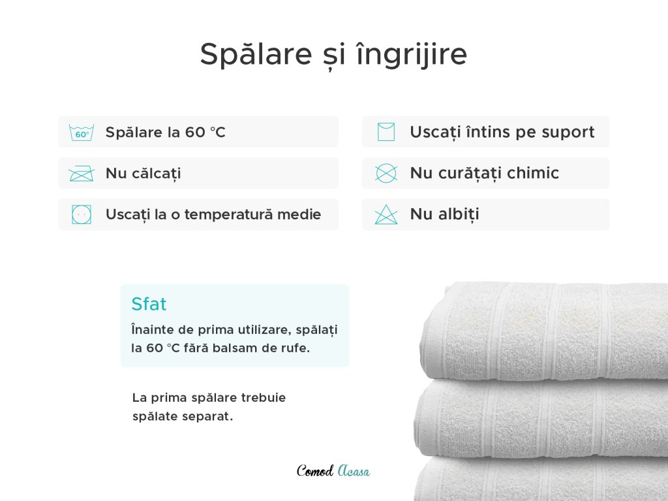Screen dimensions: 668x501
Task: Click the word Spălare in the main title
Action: point(256,53)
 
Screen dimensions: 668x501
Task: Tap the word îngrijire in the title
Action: point(412,54)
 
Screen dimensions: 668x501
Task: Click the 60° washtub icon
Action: point(82,133)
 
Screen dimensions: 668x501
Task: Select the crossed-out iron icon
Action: point(82,174)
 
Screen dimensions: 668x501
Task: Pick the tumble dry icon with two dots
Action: point(82,214)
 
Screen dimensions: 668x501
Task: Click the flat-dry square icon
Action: point(386,132)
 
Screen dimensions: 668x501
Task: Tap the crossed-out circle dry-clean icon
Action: point(386,174)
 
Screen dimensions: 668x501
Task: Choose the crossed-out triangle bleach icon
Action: point(386,214)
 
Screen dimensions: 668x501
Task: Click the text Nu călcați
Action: point(143,174)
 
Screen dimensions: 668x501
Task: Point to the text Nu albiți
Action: point(444,214)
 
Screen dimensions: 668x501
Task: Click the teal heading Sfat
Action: point(149,304)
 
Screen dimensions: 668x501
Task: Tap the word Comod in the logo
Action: point(315,471)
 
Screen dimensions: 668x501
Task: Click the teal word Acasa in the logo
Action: point(354,471)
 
